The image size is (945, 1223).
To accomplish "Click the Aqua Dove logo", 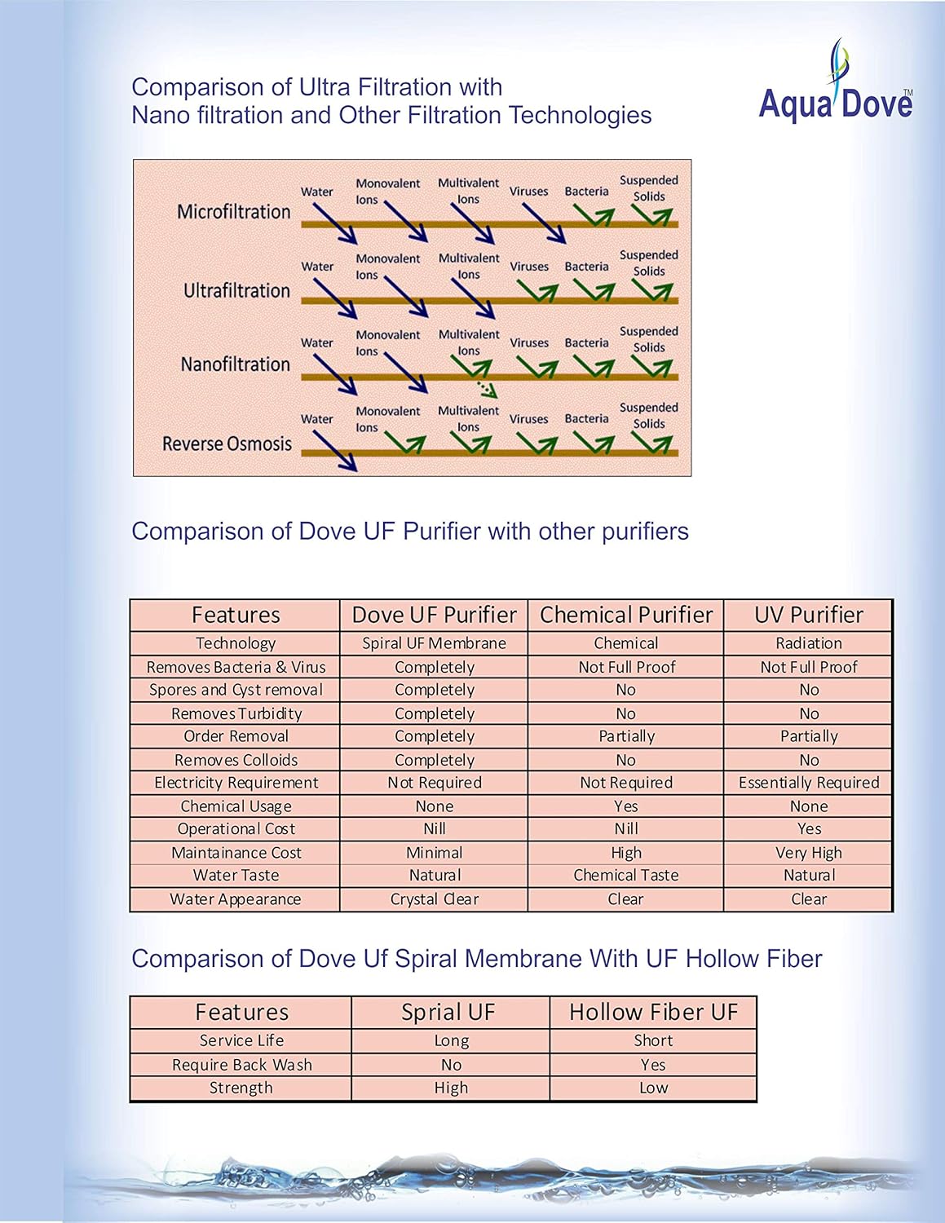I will point(836,86).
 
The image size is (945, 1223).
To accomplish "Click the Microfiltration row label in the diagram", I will point(233,212).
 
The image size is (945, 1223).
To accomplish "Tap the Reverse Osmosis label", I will point(227,444).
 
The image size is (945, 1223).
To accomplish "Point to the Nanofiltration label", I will point(235,364).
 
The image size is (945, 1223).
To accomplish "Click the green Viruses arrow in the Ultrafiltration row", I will point(537,292).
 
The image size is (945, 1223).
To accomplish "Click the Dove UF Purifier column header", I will point(434,615).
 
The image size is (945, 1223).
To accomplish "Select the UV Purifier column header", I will point(808,615).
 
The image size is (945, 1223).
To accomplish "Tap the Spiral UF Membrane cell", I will point(434,643).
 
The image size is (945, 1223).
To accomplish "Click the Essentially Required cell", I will point(808,783).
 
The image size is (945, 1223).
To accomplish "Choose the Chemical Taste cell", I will point(625,876).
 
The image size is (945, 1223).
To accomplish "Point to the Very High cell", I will point(808,853).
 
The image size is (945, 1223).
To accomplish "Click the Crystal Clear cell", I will point(434,899).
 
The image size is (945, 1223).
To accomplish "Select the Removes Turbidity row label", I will point(236,713).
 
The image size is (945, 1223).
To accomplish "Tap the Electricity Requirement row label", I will point(236,783).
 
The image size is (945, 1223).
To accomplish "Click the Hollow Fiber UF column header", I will point(653,1013).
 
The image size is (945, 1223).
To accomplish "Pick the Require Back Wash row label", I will point(241,1065).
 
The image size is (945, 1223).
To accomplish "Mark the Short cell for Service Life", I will point(653,1041).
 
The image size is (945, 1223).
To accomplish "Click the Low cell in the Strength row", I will point(653,1088).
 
